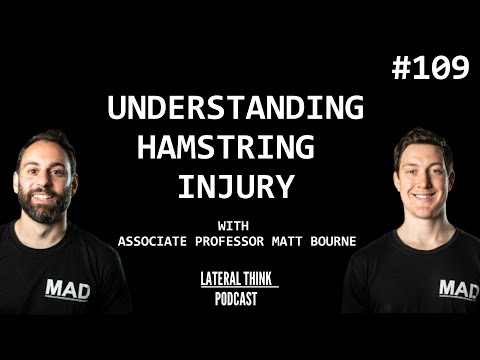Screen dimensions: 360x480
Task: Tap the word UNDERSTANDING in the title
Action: (235, 108)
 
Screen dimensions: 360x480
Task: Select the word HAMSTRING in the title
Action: (224, 148)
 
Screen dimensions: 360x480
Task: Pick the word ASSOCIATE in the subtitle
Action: (153, 240)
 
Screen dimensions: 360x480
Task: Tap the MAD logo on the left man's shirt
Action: (67, 290)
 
